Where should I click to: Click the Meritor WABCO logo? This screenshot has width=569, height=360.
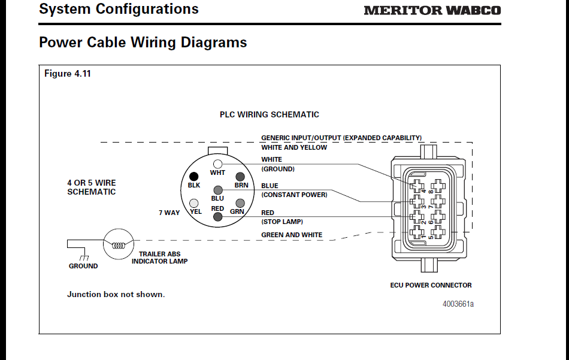tap(432, 10)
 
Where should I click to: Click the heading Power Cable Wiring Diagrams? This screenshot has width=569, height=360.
tap(143, 43)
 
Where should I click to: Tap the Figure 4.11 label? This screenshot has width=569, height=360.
tap(68, 74)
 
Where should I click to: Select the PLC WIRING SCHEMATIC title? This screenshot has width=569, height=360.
tap(269, 114)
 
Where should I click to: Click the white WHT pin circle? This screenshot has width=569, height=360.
tap(217, 164)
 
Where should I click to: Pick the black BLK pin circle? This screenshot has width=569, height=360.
tap(193, 177)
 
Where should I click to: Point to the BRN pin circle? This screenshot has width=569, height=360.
tap(241, 177)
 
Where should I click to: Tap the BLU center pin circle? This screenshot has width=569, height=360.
tap(217, 190)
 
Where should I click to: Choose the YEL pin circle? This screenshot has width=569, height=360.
tap(195, 203)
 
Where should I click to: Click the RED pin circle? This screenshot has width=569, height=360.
tap(217, 217)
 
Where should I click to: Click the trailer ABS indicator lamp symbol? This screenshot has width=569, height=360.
tap(117, 244)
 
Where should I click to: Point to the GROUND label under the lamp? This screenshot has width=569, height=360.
tap(83, 266)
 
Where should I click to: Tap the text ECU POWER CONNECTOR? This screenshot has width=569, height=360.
tap(431, 285)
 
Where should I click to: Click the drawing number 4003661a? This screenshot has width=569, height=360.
tap(458, 304)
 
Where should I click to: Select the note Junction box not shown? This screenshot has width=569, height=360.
tap(116, 295)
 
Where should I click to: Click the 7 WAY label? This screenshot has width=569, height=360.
tap(169, 213)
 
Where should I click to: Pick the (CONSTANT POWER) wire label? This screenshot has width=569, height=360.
tap(294, 195)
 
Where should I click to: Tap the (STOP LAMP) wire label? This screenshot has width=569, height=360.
tap(282, 222)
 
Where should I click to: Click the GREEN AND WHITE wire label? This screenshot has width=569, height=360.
tap(292, 235)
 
